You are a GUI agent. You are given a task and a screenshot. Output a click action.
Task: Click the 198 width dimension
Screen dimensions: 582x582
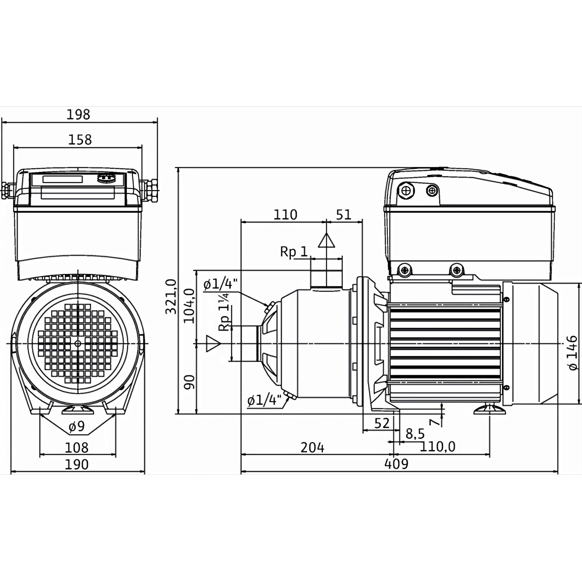tap(78, 115)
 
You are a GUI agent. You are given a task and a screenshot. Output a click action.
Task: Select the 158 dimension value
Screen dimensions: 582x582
tap(80, 140)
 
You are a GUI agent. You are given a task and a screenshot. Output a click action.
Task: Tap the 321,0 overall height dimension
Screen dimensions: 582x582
tap(171, 297)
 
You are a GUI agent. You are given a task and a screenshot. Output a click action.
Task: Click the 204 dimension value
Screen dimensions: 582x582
tap(312, 448)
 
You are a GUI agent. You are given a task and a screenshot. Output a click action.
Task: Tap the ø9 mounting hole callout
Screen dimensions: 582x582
tap(77, 426)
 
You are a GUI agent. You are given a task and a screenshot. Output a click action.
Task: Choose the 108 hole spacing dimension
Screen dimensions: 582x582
tap(77, 448)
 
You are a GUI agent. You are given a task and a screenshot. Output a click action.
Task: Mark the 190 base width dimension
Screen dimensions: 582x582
tap(77, 464)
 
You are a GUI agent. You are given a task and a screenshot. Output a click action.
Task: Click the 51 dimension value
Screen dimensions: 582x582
tap(344, 215)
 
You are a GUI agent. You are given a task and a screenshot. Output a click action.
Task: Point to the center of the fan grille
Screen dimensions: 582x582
tap(78, 343)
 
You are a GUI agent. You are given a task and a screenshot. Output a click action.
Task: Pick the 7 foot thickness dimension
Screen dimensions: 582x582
tap(434, 422)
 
